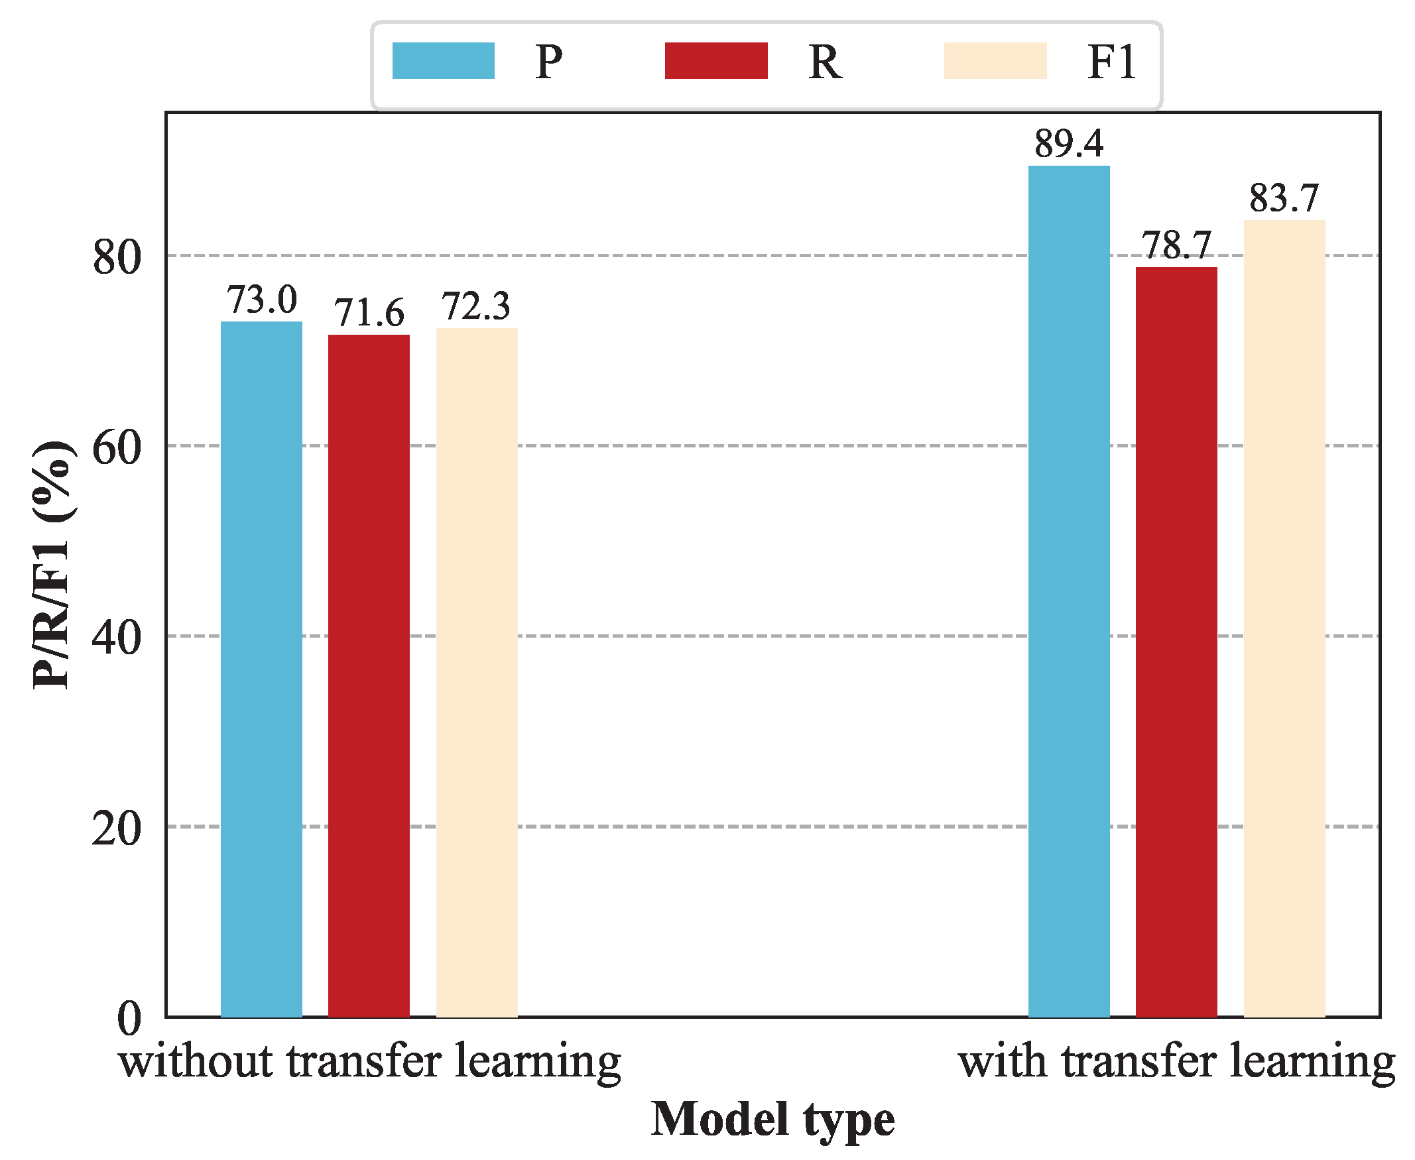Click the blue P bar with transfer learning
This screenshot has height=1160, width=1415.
[1069, 591]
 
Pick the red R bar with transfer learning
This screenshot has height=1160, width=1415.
[1176, 642]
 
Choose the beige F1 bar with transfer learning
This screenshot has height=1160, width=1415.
[1284, 618]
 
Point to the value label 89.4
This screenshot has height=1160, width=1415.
[1069, 144]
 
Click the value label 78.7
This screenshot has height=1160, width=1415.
[1176, 245]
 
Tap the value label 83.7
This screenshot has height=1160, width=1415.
[1284, 198]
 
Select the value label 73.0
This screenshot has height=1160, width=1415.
[261, 300]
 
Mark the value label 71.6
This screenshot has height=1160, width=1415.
[369, 313]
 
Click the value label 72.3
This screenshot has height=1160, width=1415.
[477, 306]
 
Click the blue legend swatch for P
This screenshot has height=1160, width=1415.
[443, 61]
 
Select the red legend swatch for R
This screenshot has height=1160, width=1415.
[716, 61]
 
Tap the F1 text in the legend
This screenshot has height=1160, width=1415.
[1111, 62]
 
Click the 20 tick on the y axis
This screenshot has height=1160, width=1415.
[117, 829]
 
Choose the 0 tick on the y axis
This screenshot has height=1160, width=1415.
[129, 1019]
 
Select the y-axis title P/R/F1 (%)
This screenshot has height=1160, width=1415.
[52, 565]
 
